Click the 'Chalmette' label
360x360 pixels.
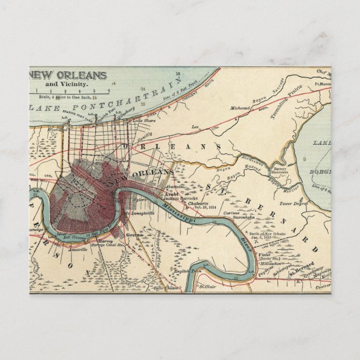coord(196,203)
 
